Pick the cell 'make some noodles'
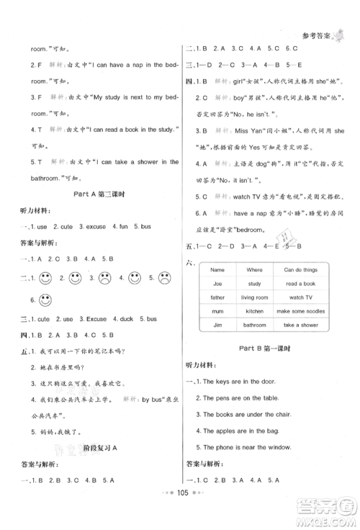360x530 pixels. coord(296,310)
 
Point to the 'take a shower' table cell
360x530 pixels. coord(296,324)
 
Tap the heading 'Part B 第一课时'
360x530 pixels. coord(270,349)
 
